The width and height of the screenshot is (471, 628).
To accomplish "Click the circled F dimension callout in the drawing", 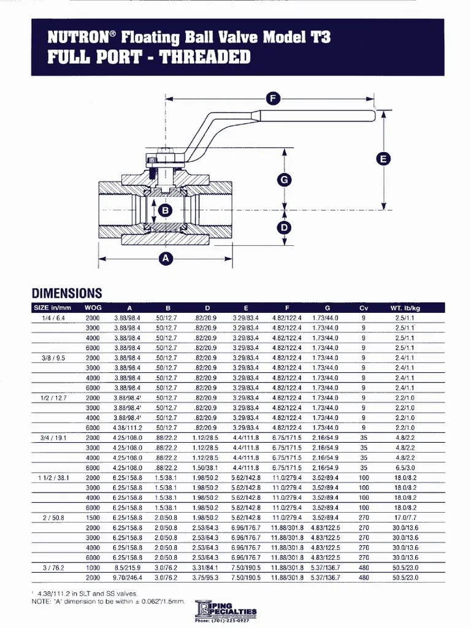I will point(274,98).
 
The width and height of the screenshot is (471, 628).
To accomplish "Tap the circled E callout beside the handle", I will point(383,159).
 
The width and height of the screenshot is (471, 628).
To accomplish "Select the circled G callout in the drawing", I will point(284,180).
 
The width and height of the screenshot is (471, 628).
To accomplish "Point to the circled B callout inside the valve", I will point(164,211).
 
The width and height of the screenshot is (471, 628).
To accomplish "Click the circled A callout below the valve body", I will point(165,259).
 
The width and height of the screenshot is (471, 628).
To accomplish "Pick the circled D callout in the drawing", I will point(284,228).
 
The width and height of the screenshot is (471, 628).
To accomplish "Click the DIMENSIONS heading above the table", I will point(67,293).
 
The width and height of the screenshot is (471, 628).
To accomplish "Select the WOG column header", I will point(93,308).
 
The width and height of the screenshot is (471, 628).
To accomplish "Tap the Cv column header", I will point(364,308).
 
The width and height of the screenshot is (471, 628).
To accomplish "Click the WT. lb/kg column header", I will point(405,308).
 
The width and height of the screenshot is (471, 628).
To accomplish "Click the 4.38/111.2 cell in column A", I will point(127,427).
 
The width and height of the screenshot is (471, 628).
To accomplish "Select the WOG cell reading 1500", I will point(93,517).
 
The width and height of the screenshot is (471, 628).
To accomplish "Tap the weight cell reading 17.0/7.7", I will point(405,517).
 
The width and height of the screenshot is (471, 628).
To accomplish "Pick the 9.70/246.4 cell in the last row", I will point(127,577).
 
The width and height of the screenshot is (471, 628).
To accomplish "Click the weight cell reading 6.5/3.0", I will point(405,467).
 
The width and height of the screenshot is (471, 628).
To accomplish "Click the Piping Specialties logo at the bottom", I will point(226,610).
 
